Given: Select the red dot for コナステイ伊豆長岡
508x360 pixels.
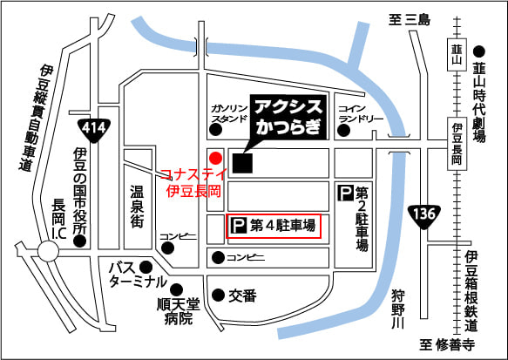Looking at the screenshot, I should tap(214, 155).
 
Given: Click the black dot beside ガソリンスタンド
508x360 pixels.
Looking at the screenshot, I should tap(213, 132).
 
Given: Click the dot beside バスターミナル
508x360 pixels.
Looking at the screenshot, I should tap(146, 266).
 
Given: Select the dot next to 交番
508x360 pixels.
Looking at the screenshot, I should tap(217, 295).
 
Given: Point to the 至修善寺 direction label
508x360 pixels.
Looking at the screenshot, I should tap(448, 345).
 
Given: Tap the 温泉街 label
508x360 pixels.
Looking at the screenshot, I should tap(136, 207).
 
